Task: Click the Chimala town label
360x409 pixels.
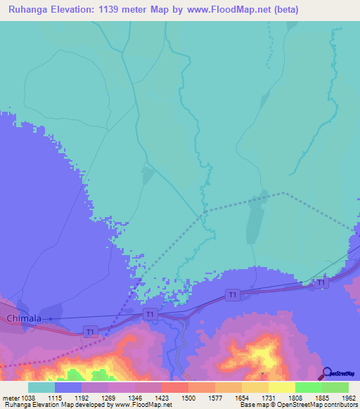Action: click(x=25, y=319)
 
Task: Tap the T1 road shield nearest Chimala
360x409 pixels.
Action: click(x=89, y=331)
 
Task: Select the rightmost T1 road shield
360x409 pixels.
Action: click(x=321, y=283)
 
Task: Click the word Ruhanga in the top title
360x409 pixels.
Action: click(x=29, y=10)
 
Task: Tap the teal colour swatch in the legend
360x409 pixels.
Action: click(x=41, y=387)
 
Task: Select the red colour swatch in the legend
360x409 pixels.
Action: click(x=174, y=387)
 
